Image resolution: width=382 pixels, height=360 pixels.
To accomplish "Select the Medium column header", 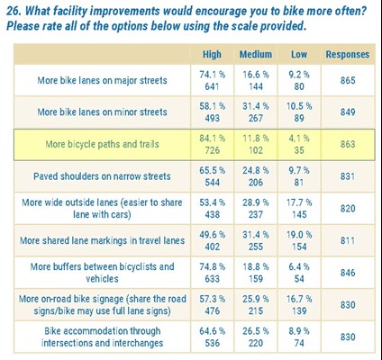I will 256,54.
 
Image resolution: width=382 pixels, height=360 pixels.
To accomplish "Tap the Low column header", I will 298,54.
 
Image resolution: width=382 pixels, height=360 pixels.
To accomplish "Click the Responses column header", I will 347,54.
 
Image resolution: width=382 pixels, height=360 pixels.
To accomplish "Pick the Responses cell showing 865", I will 347,81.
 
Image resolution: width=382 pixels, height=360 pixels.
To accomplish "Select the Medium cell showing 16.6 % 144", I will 256,81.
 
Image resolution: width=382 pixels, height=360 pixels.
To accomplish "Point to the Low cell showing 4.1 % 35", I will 298,143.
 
